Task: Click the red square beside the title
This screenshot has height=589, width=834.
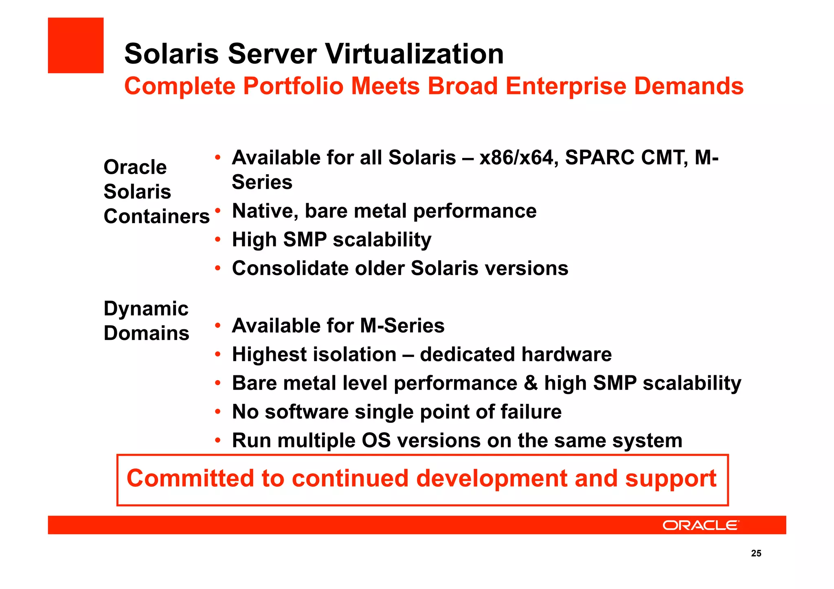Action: point(76,45)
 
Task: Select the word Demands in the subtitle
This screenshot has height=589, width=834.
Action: point(689,86)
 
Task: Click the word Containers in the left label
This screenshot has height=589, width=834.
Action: point(156,216)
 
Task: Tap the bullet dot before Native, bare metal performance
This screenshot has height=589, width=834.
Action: point(218,210)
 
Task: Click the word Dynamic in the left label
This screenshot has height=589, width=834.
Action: point(146,309)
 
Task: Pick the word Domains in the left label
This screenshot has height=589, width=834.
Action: point(146,333)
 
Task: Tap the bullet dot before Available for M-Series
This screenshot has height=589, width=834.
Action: point(218,325)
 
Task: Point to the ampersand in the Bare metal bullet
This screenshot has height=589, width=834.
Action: point(531,383)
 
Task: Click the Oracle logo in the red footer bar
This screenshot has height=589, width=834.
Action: point(700,525)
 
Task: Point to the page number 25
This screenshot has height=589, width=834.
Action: point(756,553)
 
